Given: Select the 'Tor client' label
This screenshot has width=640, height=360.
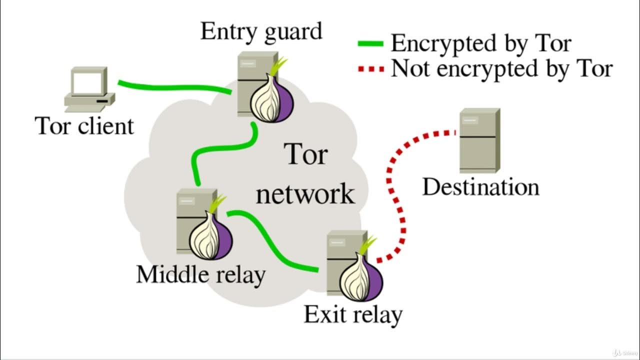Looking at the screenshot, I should pos(84,126).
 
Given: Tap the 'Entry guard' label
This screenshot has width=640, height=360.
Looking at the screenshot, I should pos(261,31).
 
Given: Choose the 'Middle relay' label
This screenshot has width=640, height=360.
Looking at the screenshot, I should pos(200,274).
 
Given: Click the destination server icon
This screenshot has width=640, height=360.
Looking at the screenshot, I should pos(479,140).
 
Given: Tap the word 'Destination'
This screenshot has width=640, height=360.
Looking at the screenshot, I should pos(480,187).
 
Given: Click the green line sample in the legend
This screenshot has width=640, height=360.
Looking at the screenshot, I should pos(370,44).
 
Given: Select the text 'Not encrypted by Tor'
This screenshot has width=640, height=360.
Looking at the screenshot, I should pos(501,68).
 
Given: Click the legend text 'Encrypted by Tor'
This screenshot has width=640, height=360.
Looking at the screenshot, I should pos(480,43).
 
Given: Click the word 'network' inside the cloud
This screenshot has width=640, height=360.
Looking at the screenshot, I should pos(305,193).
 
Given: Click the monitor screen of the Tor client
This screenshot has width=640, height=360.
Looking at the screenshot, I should pos(87,81).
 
